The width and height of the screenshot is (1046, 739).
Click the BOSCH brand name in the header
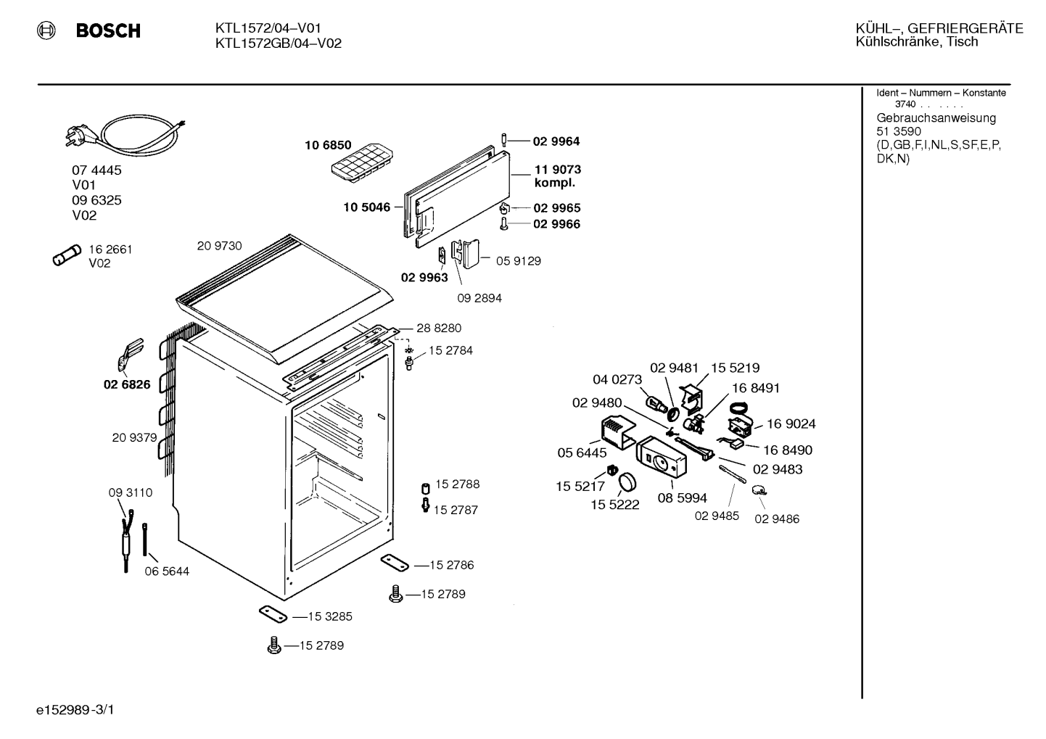click(108, 30)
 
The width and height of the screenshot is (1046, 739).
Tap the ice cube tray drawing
click(362, 162)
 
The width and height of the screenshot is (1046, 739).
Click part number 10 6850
click(328, 145)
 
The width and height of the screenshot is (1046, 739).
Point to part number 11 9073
click(558, 169)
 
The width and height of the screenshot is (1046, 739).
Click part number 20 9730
click(219, 246)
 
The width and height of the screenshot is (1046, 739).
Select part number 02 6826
click(127, 384)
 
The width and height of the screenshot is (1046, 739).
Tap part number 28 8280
click(438, 329)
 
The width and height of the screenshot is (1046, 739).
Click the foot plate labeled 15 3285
click(273, 614)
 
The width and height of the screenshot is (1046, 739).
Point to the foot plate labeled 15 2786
click(395, 563)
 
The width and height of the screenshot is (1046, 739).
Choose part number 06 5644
click(167, 571)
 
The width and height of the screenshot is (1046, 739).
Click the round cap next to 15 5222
click(627, 482)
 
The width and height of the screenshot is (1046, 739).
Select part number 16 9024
click(791, 424)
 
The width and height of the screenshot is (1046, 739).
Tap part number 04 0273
click(617, 379)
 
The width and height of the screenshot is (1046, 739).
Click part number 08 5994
click(683, 498)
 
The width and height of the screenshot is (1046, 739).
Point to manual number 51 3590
click(899, 131)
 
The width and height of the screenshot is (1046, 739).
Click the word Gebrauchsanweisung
click(936, 118)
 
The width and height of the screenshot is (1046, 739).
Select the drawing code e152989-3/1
click(75, 710)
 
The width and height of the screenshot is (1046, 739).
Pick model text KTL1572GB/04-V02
click(279, 44)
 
